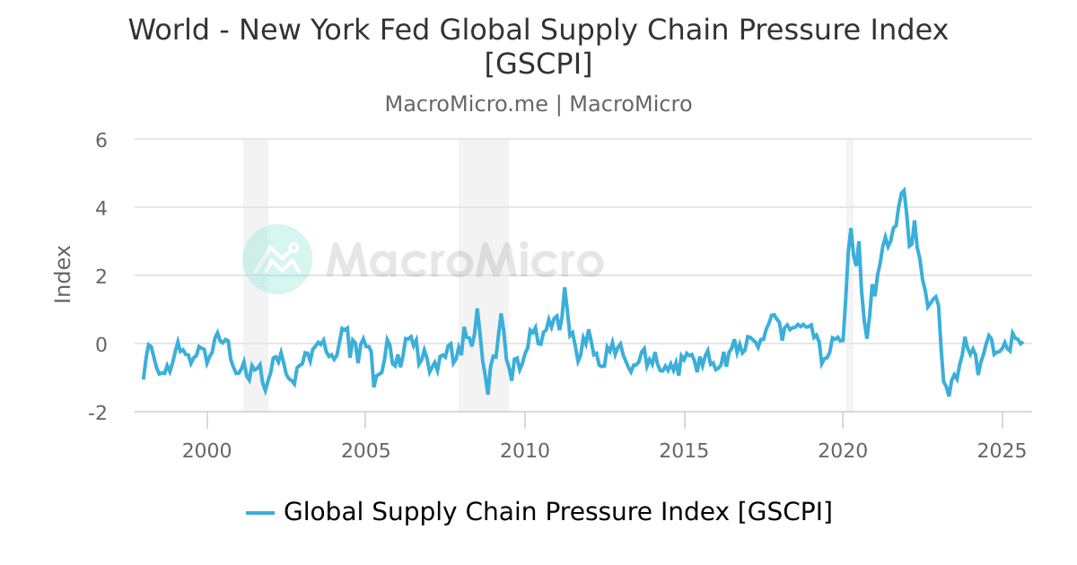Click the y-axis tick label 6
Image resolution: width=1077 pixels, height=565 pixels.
101,140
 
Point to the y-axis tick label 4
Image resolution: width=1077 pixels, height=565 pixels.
101,208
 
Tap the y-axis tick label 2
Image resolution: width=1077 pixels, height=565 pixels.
101,276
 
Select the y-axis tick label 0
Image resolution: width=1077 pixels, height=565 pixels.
101,344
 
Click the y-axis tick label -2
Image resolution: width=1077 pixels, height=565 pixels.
98,413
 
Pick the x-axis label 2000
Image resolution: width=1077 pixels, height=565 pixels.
206,449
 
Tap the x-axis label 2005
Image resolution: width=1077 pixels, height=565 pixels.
365,449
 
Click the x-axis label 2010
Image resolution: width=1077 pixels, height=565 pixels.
525,449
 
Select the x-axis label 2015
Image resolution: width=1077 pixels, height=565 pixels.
684,449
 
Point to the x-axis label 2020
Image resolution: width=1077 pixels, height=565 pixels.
843,449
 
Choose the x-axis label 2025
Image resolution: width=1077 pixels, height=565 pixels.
1002,449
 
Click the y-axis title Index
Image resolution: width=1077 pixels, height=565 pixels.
63,274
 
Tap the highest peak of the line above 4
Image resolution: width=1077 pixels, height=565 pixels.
904,189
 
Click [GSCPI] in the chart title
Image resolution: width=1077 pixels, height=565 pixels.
538,65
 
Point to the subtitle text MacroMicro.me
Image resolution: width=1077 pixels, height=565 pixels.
466,104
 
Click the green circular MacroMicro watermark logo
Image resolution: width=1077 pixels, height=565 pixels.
277,259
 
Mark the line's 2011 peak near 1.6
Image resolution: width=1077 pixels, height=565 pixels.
565,289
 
